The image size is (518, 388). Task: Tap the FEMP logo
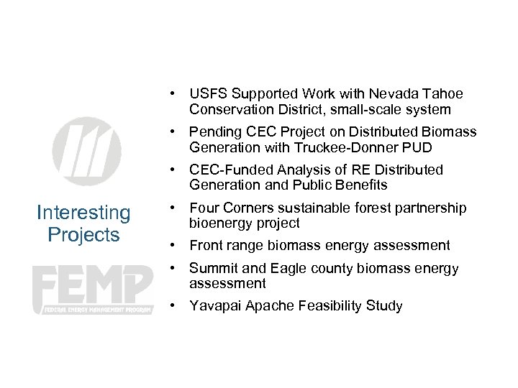pos(93,288)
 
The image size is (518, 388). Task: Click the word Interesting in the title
pos(83,213)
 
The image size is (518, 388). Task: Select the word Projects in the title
pos(83,234)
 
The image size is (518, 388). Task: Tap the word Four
pos(204,208)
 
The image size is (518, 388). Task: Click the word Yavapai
pos(215,306)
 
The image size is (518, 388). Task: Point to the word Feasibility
pos(329,306)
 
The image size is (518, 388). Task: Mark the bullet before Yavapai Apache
pos(173,306)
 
